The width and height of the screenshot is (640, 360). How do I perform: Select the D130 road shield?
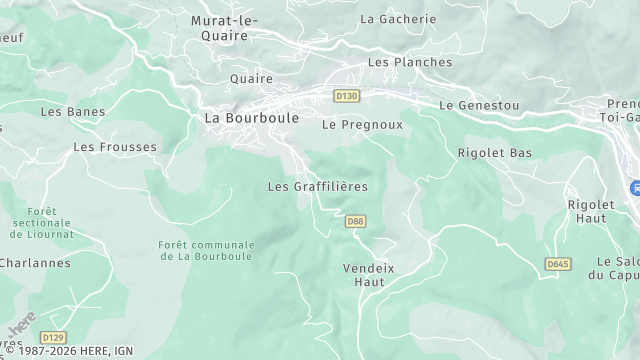click(x=347, y=96)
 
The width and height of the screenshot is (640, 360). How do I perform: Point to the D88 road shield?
click(x=354, y=221)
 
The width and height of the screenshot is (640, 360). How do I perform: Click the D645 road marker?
click(x=557, y=263)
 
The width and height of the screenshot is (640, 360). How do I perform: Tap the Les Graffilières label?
click(x=318, y=186)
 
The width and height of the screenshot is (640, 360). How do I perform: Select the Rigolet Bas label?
click(x=494, y=153)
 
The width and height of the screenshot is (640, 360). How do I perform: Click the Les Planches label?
click(x=409, y=62)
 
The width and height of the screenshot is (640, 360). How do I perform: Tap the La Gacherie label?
click(x=398, y=19)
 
